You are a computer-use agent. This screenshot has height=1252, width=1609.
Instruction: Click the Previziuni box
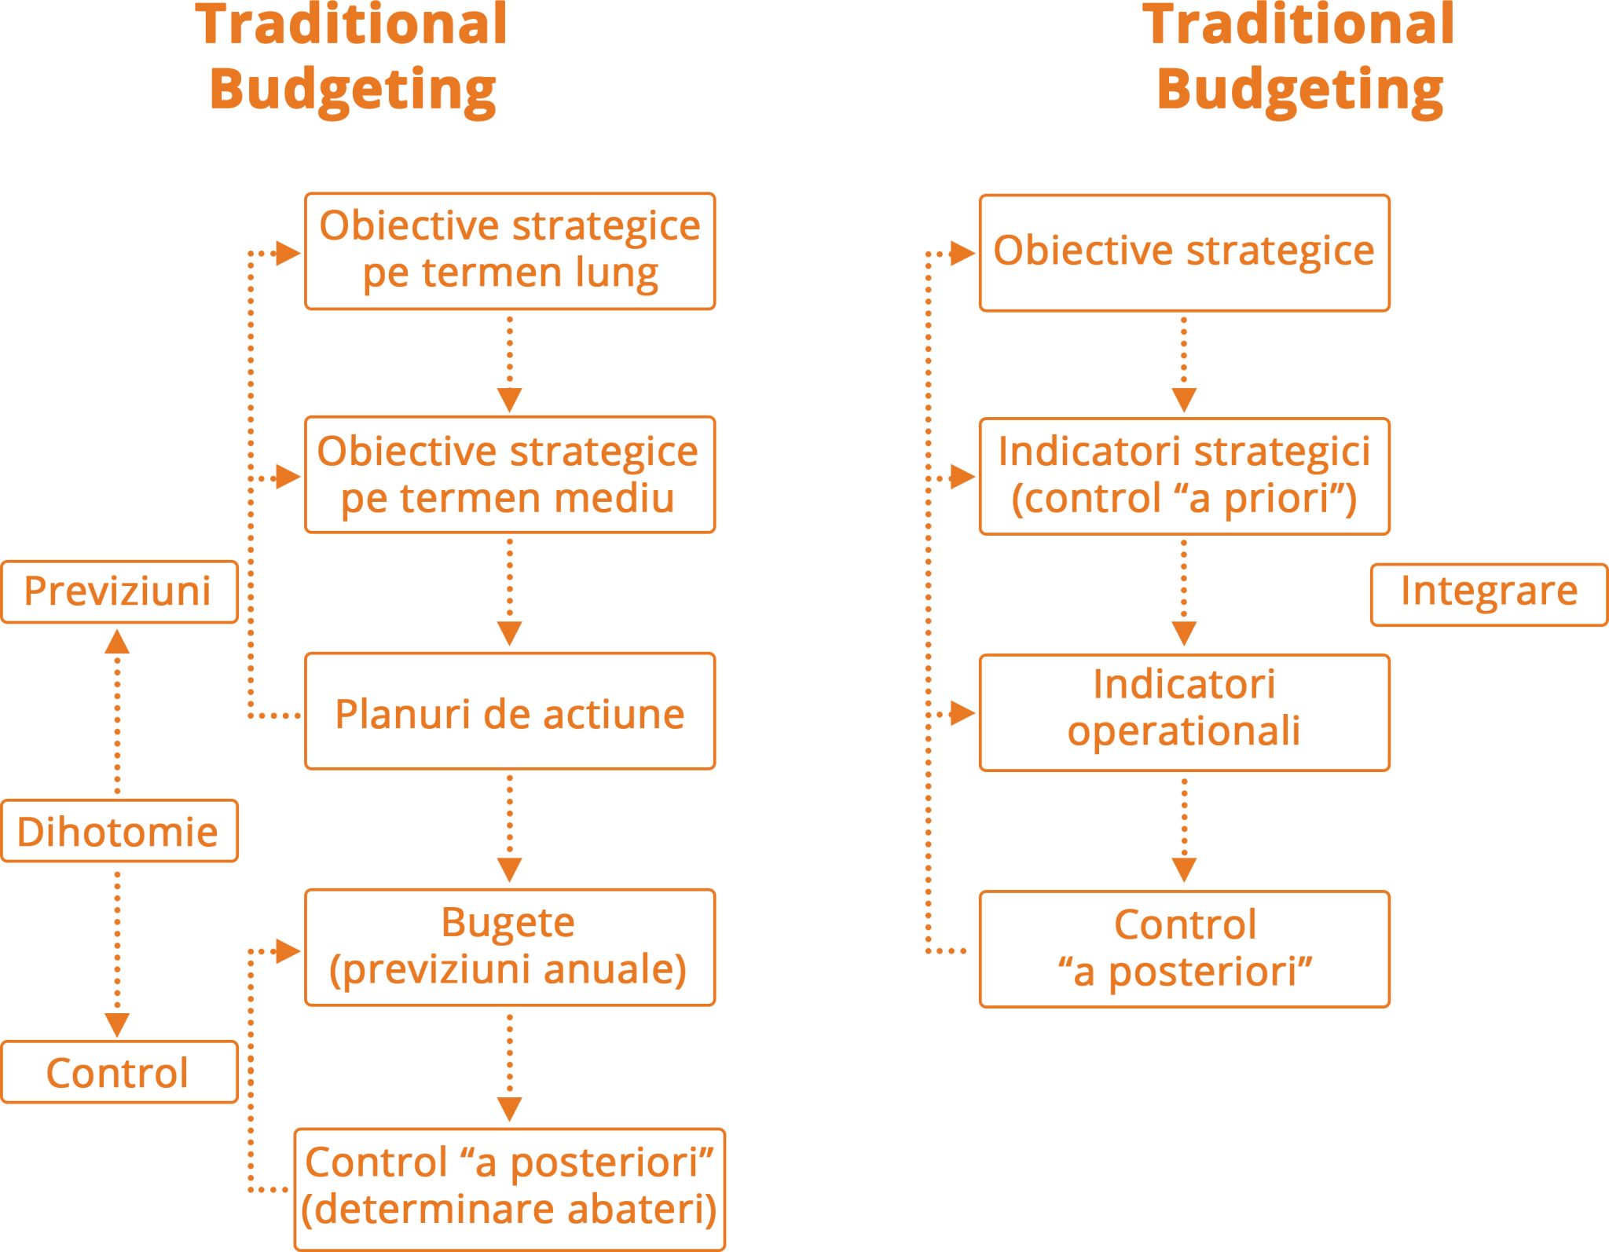pyautogui.click(x=119, y=591)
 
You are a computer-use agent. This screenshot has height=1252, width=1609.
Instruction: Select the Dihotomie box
pyautogui.click(x=119, y=831)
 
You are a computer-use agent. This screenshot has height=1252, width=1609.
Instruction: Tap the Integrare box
pyautogui.click(x=1488, y=594)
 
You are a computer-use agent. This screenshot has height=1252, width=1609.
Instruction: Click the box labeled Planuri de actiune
pyautogui.click(x=509, y=711)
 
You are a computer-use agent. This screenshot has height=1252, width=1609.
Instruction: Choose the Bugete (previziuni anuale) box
pyautogui.click(x=509, y=946)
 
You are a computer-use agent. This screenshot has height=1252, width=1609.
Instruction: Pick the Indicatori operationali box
pyautogui.click(x=1184, y=712)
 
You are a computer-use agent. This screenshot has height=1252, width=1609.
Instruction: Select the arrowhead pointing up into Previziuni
pyautogui.click(x=117, y=642)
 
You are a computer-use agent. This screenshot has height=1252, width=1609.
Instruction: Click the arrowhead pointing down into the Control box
pyautogui.click(x=117, y=1024)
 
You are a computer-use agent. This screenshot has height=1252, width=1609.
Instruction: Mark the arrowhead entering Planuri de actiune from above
pyautogui.click(x=509, y=634)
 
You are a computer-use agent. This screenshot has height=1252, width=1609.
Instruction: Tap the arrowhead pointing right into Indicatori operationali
pyautogui.click(x=962, y=713)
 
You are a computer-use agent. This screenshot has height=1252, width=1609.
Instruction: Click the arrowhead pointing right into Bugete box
pyautogui.click(x=288, y=950)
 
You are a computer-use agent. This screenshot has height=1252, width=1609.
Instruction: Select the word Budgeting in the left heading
pyautogui.click(x=354, y=88)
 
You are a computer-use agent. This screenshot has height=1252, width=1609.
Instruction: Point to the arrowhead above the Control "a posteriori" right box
pyautogui.click(x=1184, y=870)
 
